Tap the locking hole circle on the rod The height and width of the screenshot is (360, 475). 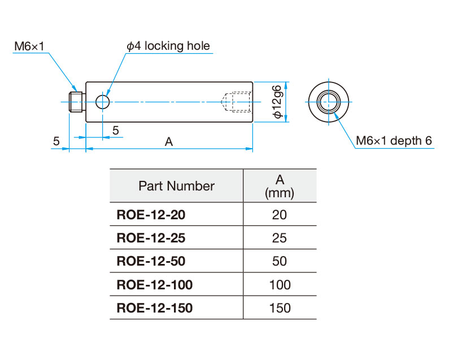coord(103,102)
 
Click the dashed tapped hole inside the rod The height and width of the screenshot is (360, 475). coord(238,102)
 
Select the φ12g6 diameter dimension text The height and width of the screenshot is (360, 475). coord(277,102)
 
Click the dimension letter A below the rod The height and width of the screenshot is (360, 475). coord(168,142)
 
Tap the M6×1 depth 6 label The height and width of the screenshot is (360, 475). coord(394,141)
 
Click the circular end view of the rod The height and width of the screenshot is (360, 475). coord(328,102)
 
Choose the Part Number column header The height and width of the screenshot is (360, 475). coord(176,186)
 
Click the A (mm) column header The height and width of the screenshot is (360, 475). coord(280,186)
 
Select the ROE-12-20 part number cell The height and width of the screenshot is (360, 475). coord(151,215)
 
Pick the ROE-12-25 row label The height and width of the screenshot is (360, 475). coord(151,238)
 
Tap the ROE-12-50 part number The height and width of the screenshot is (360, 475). coord(151,261)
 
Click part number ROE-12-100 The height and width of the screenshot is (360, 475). coord(154,284)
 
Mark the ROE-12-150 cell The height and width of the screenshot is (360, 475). coord(154,308)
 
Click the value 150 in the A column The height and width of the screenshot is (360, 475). coord(280,308)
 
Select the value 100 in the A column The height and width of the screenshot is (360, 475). coord(280,284)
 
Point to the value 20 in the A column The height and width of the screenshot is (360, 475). coord(280,215)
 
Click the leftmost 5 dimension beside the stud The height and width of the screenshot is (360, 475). coord(56,141)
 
